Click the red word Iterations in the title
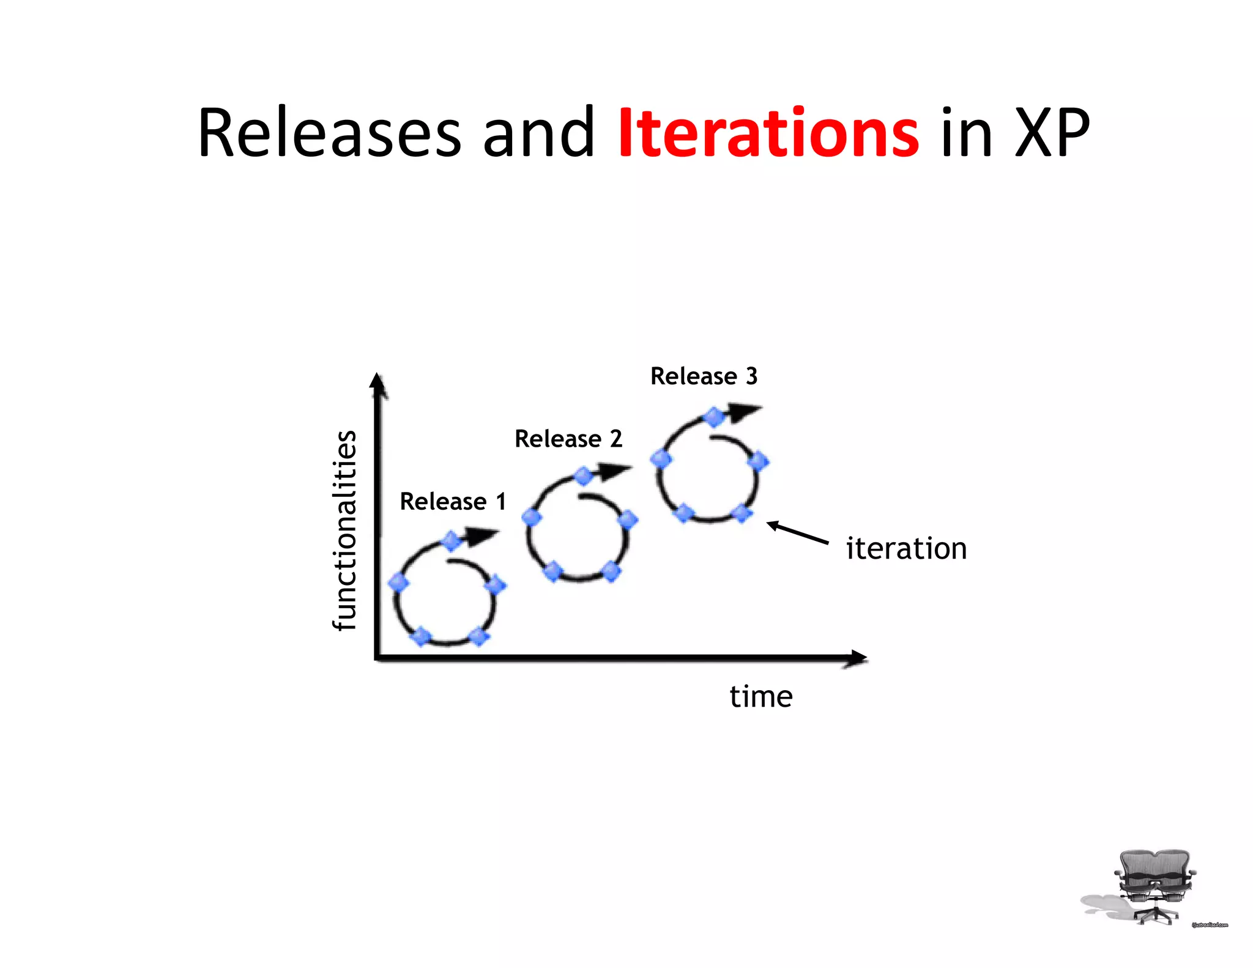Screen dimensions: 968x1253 pos(768,133)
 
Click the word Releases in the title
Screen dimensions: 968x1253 pos(329,133)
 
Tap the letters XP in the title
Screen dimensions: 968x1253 pos(1052,133)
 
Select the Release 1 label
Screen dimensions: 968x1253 pos(453,502)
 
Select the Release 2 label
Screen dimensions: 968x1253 pos(568,439)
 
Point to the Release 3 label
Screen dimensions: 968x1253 pos(704,376)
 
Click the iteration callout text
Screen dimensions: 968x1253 pos(906,548)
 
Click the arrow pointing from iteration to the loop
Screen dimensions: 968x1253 pos(798,532)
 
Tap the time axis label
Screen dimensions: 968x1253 pos(761,696)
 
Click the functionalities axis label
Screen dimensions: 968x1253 pos(344,531)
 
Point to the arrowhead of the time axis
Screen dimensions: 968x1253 pos(857,658)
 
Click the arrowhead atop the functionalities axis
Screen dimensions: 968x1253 pos(378,384)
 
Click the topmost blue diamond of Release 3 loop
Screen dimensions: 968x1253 pos(713,418)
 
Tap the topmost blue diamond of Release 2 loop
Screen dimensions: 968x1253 pos(583,477)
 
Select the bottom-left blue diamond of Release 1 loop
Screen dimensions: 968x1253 pos(420,636)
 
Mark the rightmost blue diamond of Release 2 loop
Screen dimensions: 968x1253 pos(628,521)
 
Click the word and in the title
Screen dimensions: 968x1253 pos(538,133)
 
